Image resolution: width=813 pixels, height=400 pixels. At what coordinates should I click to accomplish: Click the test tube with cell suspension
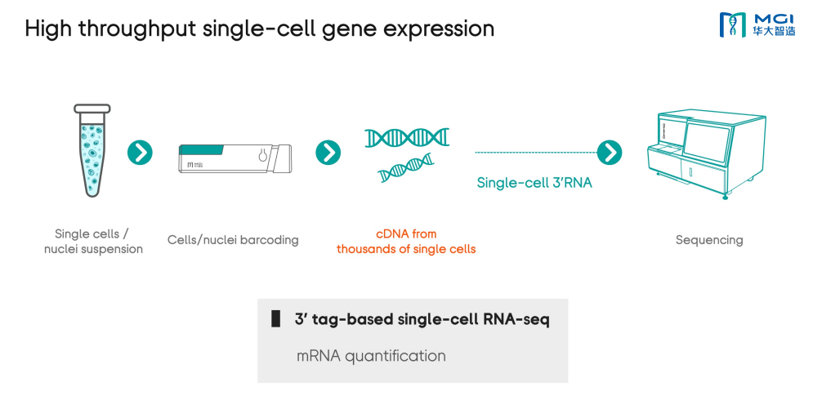tap(92, 150)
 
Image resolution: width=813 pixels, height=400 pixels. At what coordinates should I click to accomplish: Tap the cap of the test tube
tap(92, 109)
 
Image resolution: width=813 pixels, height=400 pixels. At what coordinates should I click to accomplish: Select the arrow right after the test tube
tap(140, 153)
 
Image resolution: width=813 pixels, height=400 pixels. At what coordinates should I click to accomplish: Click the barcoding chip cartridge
tap(235, 158)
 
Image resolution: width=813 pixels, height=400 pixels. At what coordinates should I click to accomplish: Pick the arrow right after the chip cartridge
tap(328, 153)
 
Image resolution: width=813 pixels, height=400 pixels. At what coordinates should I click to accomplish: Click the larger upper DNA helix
tap(407, 137)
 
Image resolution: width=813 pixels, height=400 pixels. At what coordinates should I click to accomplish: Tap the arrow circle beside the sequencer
tap(610, 153)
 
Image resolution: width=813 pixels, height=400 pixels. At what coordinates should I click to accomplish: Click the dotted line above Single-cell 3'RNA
tap(536, 153)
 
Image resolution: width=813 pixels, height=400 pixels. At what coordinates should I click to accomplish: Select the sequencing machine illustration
tap(707, 154)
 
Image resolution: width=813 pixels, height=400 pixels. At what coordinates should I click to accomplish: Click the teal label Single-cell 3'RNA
tap(534, 183)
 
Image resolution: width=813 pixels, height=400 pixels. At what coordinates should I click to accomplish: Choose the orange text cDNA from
tap(406, 234)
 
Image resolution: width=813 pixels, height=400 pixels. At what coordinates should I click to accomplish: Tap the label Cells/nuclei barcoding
tap(233, 240)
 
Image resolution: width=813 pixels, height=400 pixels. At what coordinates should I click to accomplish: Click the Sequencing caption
tap(708, 240)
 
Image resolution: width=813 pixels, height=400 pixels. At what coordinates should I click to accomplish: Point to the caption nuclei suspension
tap(93, 249)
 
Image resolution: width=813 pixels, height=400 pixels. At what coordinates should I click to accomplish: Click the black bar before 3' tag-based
tap(276, 318)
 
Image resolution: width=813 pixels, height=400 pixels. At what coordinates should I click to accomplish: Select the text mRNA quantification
tap(371, 356)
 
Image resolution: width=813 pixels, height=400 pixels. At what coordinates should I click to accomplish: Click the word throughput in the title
tap(137, 29)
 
